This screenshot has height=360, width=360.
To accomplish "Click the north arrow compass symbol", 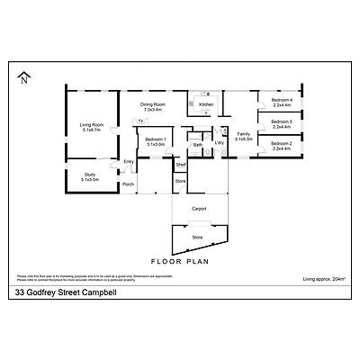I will click(22, 78).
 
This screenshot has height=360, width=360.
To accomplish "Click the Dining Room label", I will click(151, 107).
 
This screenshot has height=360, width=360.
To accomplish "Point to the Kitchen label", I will click(206, 105).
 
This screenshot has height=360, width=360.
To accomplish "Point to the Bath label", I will click(197, 145).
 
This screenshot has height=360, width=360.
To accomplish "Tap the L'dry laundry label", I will click(220, 142).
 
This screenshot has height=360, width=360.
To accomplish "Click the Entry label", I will click(129, 161).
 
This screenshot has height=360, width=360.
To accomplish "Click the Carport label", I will click(199, 208).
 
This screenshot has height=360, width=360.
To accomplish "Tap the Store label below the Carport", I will click(197, 237).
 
